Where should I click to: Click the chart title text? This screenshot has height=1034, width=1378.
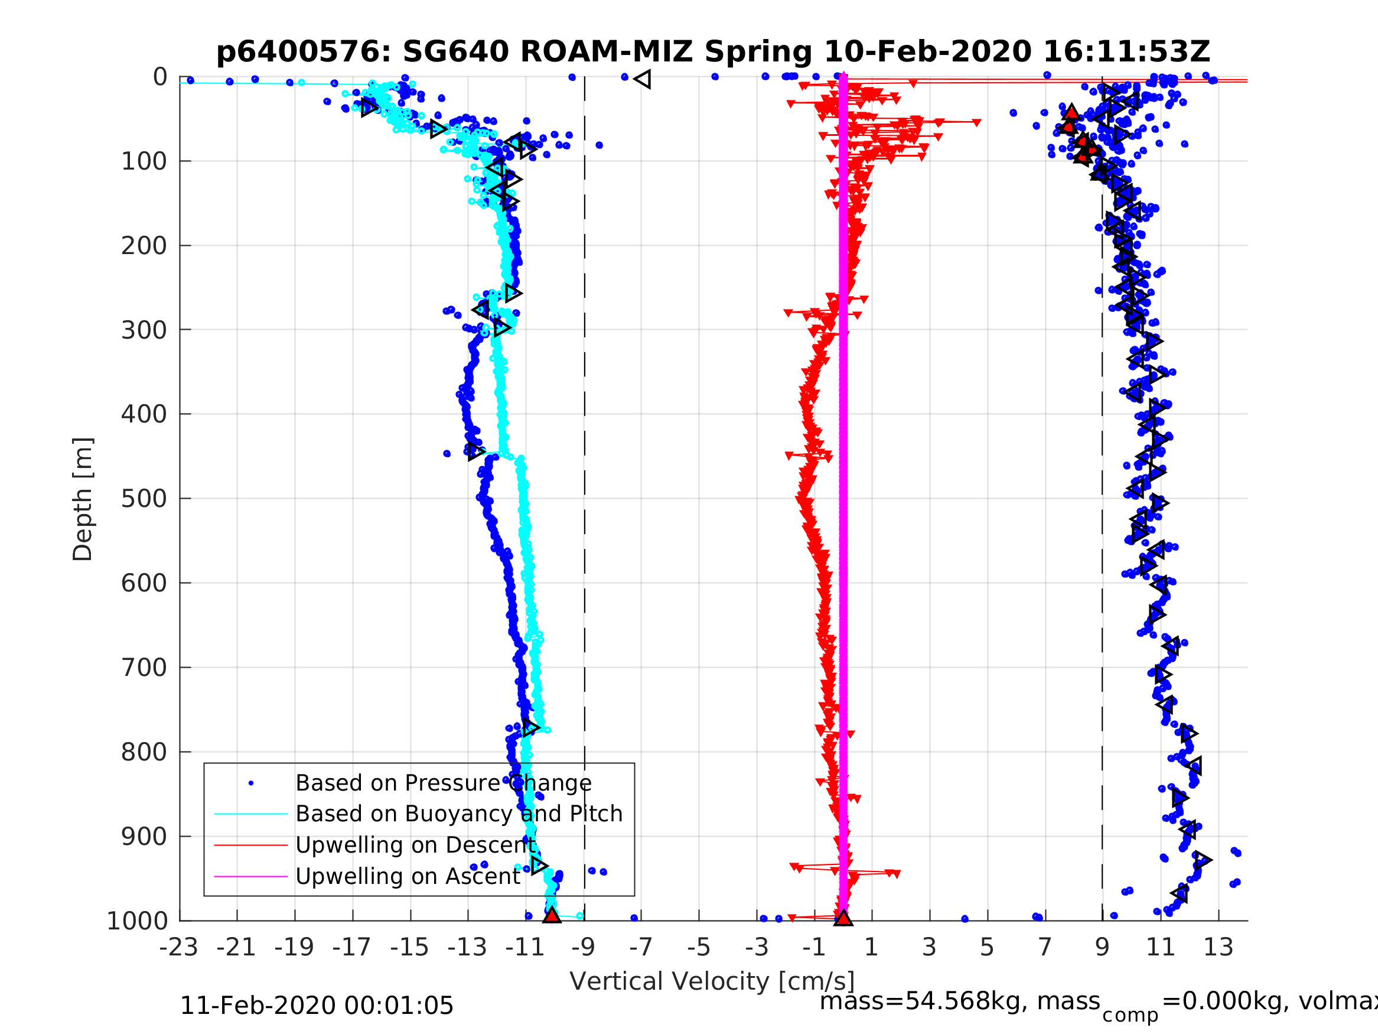click(x=713, y=52)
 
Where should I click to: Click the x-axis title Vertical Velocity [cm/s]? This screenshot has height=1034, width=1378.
click(x=712, y=981)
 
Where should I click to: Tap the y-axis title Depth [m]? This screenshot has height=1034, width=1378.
click(x=83, y=499)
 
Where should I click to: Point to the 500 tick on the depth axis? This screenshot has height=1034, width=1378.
click(x=144, y=499)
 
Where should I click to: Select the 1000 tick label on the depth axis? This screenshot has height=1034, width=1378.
click(x=137, y=921)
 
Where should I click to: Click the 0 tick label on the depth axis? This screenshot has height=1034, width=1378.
click(x=160, y=77)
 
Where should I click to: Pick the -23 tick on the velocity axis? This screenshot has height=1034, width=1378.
click(x=178, y=947)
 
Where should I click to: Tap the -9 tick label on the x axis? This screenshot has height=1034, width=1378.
click(x=583, y=947)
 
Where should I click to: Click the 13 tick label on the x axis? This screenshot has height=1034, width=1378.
click(x=1218, y=947)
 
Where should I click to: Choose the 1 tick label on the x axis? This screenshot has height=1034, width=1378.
click(x=872, y=947)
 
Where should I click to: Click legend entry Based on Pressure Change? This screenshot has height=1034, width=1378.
click(x=443, y=783)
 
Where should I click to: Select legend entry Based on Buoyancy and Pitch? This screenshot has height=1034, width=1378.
click(x=458, y=814)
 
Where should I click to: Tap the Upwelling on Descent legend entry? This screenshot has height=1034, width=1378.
click(x=415, y=845)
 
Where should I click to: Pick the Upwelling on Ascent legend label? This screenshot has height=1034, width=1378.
click(x=408, y=877)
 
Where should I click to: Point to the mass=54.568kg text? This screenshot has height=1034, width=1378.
click(x=959, y=1002)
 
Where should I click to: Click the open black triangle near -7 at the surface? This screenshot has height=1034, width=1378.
click(x=642, y=79)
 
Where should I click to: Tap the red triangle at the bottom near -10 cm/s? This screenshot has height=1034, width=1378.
click(x=551, y=915)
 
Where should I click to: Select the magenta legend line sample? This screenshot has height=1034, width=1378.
click(x=250, y=877)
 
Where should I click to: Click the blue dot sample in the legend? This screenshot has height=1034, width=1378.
click(x=251, y=783)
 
